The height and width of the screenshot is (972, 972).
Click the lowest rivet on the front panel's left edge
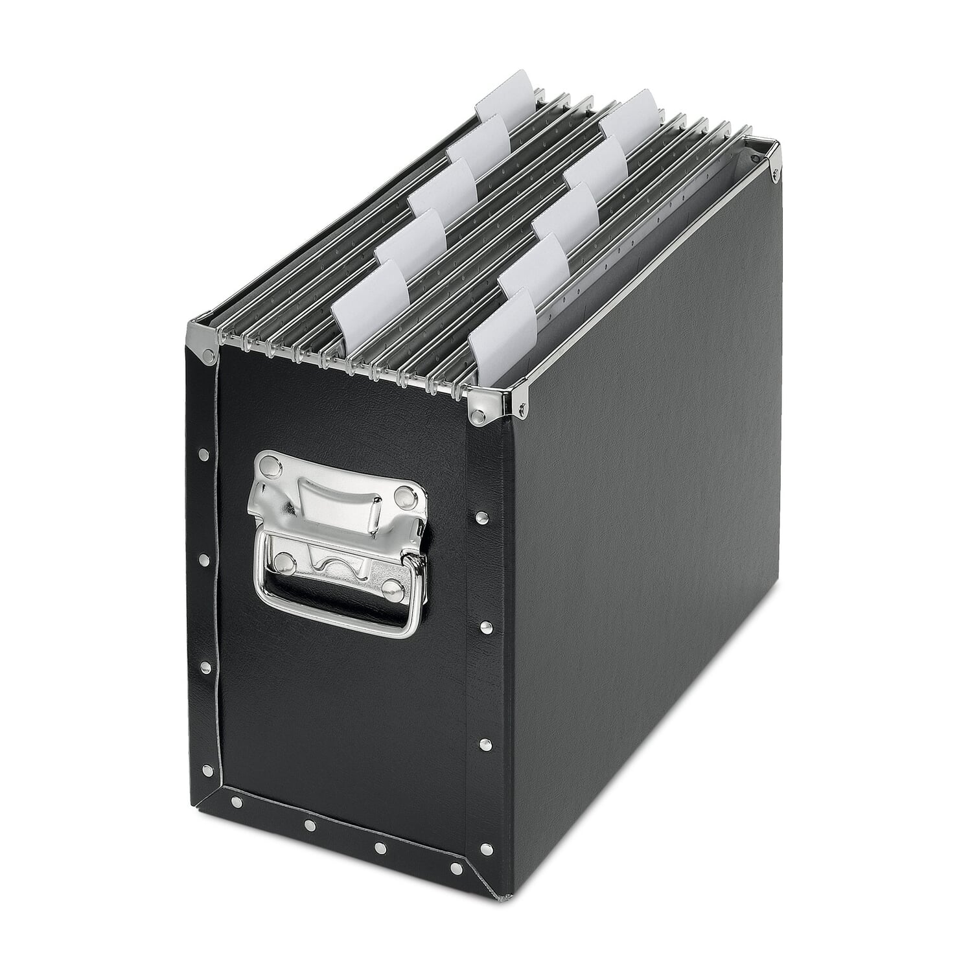[x=207, y=769]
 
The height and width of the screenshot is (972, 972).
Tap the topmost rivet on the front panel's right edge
[x=481, y=517]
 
